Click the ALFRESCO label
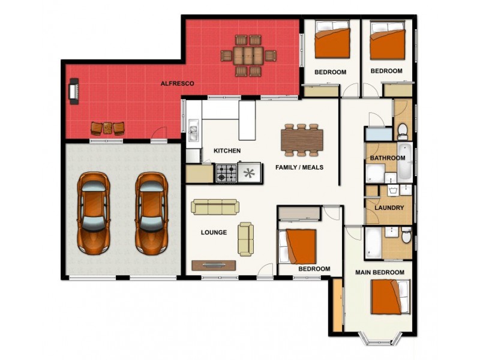[x=177, y=85]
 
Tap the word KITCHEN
[x=227, y=151]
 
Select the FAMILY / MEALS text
[x=299, y=167]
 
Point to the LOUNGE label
[x=214, y=232]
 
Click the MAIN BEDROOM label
[x=380, y=272]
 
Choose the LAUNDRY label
[x=388, y=208]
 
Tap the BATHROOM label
[x=387, y=158]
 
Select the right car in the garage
[x=150, y=212]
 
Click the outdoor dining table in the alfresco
[x=248, y=56]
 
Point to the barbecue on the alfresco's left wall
[x=73, y=92]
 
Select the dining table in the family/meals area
[x=301, y=140]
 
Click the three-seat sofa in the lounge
[x=215, y=207]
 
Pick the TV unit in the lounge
[x=214, y=265]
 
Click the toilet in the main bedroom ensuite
[x=406, y=238]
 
